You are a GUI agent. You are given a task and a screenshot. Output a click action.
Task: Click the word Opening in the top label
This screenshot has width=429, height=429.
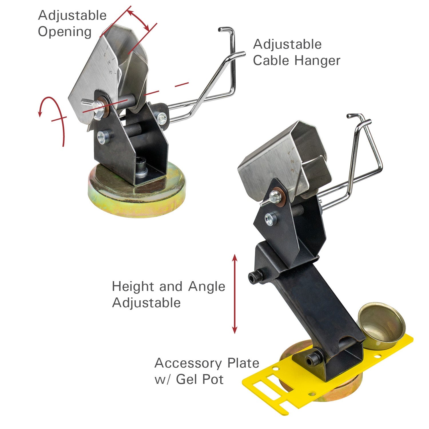tap(65, 32)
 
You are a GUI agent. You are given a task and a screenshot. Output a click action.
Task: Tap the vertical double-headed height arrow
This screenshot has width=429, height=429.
tap(235, 294)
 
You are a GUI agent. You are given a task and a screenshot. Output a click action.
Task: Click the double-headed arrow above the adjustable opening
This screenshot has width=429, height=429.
tap(138, 20)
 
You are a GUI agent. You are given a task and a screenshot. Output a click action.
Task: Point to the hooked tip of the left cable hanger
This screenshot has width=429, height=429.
tap(223, 29)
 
